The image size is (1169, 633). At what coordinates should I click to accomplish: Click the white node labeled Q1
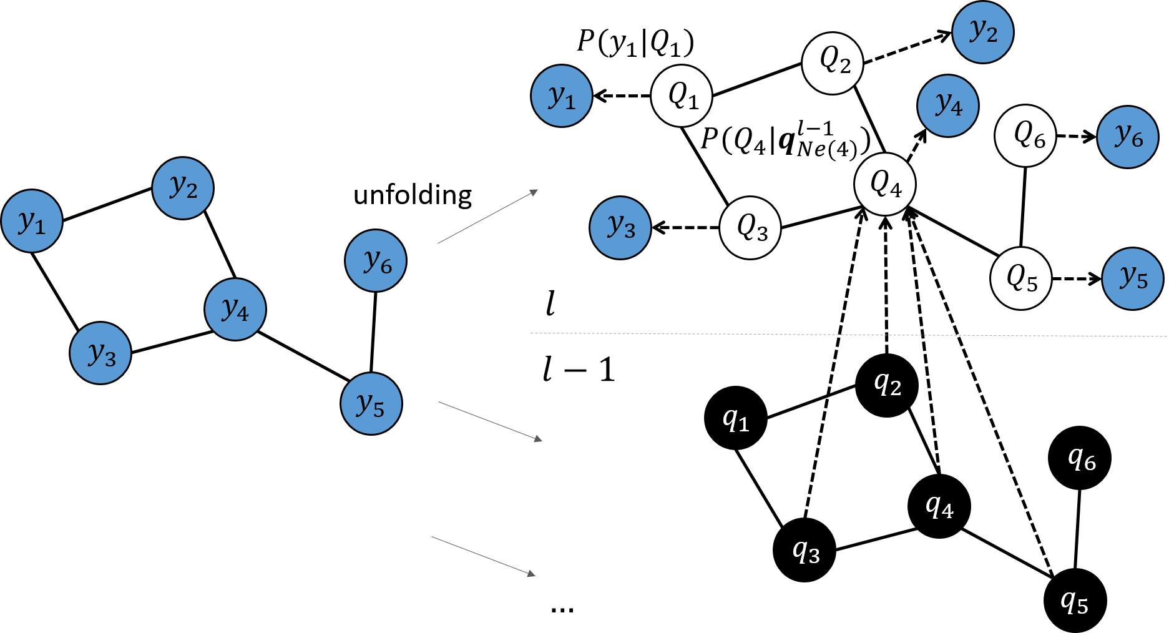pyautogui.click(x=682, y=96)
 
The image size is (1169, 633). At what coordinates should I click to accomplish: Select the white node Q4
pyautogui.click(x=885, y=184)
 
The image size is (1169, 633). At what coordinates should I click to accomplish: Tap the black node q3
pyautogui.click(x=805, y=550)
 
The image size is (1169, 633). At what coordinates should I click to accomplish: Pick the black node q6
pyautogui.click(x=1080, y=458)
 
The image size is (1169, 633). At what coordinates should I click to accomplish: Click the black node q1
pyautogui.click(x=735, y=418)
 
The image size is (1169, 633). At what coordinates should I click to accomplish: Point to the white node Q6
pyautogui.click(x=1025, y=135)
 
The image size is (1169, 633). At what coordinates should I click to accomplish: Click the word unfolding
pyautogui.click(x=413, y=195)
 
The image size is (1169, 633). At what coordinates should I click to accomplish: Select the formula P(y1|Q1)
pyautogui.click(x=635, y=42)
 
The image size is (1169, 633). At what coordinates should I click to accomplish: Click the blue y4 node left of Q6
pyautogui.click(x=947, y=105)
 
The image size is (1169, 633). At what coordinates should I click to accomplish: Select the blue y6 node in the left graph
pyautogui.click(x=376, y=260)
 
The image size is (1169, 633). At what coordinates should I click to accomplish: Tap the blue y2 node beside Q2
pyautogui.click(x=982, y=32)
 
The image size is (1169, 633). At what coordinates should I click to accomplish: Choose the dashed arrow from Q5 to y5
pyautogui.click(x=1077, y=278)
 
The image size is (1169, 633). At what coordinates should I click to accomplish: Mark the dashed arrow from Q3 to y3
pyautogui.click(x=685, y=227)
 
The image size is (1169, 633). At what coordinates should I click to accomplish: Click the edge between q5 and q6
pyautogui.click(x=1077, y=529)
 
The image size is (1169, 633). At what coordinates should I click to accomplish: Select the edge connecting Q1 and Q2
pyautogui.click(x=756, y=79)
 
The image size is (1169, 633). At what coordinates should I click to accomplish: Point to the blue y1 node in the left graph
pyautogui.click(x=32, y=221)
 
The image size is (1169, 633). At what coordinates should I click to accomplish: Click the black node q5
pyautogui.click(x=1074, y=601)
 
